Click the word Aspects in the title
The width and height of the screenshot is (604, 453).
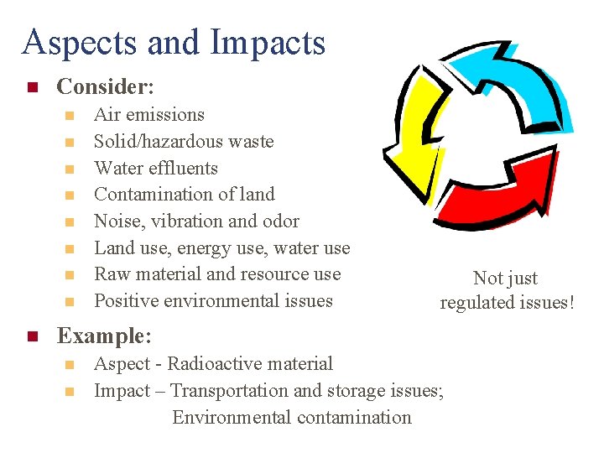[75, 42]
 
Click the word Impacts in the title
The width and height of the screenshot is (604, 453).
[271, 42]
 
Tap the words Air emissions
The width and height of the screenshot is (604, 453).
[149, 115]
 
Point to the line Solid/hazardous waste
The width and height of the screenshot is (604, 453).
[184, 141]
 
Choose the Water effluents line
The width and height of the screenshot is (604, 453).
[156, 168]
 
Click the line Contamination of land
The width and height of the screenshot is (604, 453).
[185, 195]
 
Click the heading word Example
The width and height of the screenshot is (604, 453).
[102, 336]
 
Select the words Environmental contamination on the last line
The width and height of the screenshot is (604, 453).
[292, 417]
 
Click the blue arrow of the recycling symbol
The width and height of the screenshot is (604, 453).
[512, 84]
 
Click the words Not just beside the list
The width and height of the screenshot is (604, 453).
[505, 279]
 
